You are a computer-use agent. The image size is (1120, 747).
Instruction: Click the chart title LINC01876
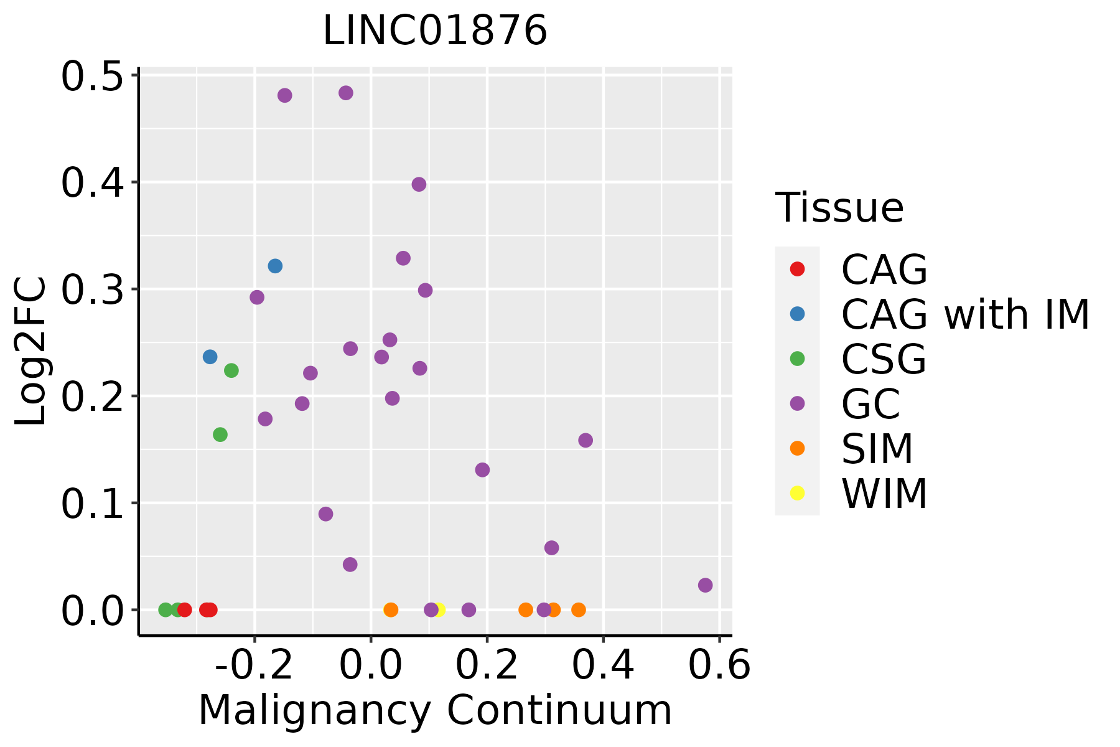pyautogui.click(x=435, y=30)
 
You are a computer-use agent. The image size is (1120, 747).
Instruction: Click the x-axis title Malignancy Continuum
pyautogui.click(x=435, y=710)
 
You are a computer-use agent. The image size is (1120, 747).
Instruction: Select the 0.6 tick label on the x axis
pyautogui.click(x=719, y=665)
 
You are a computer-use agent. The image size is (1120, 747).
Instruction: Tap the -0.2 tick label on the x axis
pyautogui.click(x=254, y=665)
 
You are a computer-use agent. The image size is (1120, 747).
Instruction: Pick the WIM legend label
pyautogui.click(x=884, y=494)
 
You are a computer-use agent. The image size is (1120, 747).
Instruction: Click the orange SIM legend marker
pyautogui.click(x=797, y=448)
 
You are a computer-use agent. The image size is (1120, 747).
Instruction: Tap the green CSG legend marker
pyautogui.click(x=797, y=359)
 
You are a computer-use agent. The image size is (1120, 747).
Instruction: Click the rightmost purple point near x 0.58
pyautogui.click(x=705, y=585)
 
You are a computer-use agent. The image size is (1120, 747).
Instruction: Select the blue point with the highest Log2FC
pyautogui.click(x=275, y=266)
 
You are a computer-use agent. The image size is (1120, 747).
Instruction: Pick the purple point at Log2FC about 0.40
pyautogui.click(x=419, y=184)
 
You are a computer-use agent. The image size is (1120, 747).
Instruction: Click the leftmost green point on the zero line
pyautogui.click(x=166, y=609)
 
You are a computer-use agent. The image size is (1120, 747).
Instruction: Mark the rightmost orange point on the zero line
pyautogui.click(x=579, y=609)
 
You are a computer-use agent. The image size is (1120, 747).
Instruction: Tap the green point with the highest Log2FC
pyautogui.click(x=231, y=370)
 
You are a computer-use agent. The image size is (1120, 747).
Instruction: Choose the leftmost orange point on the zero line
pyautogui.click(x=391, y=609)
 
